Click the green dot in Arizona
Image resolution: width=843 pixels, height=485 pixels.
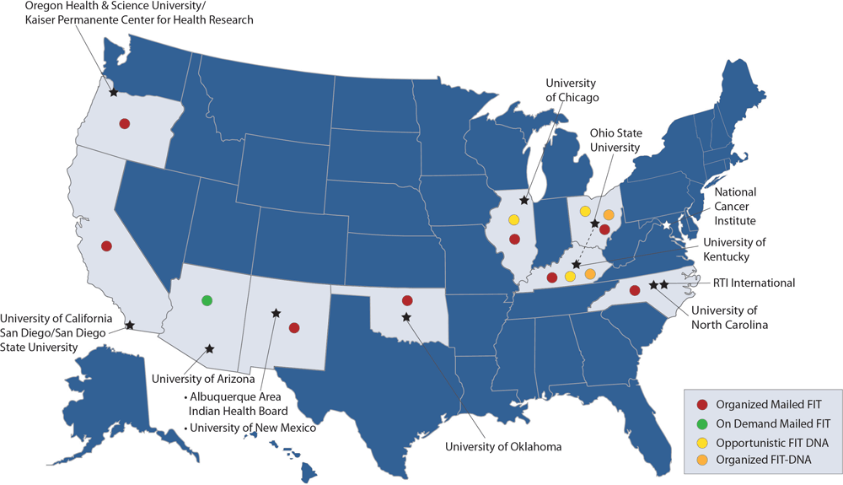(207, 300)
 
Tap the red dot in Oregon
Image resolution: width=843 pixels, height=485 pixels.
(124, 123)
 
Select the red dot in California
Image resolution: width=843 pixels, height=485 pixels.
(106, 246)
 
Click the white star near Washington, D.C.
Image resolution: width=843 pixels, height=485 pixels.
(666, 225)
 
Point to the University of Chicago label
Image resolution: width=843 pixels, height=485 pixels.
(572, 90)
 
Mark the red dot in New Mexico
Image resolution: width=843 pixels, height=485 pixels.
(294, 327)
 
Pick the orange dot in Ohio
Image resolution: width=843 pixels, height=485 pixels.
(609, 214)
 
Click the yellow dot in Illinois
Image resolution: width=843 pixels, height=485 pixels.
(513, 220)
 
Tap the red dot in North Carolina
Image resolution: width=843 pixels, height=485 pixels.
(635, 291)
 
